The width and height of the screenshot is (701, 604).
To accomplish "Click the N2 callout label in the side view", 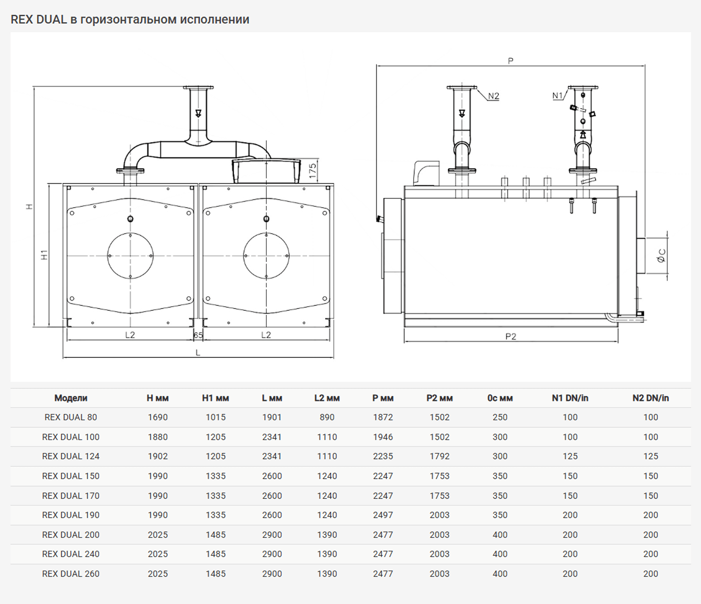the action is tap(493, 96).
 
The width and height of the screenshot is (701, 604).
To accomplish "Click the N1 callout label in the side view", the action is tap(558, 95).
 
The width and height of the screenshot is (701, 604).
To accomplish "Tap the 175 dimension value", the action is tap(312, 171).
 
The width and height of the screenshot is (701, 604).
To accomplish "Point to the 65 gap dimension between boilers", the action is tap(198, 335).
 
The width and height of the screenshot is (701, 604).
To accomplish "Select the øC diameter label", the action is tap(661, 256).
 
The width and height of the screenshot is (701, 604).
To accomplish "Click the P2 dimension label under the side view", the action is tap(511, 336).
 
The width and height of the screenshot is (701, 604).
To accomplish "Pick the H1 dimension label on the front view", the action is tap(44, 255).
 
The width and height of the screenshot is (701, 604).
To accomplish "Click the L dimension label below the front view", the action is tap(198, 353).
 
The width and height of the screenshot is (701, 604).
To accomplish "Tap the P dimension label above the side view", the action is tap(511, 61).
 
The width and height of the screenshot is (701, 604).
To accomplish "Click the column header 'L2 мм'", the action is tap(327, 398).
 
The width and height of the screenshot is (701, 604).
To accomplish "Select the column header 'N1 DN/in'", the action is tap(570, 398).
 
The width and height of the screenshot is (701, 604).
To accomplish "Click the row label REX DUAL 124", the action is tap(71, 456).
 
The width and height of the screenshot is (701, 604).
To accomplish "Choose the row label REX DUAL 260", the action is tap(71, 574).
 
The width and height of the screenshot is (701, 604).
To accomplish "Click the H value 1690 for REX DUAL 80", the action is tap(158, 417).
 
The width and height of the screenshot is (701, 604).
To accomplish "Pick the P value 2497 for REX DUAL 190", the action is tap(383, 515).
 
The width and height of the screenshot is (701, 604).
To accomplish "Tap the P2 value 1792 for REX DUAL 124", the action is tap(440, 456).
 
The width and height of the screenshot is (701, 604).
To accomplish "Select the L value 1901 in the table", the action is tap(272, 417).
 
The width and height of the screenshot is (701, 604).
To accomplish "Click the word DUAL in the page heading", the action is tap(51, 19).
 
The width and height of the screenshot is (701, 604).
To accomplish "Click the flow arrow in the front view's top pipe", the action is tap(198, 113).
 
